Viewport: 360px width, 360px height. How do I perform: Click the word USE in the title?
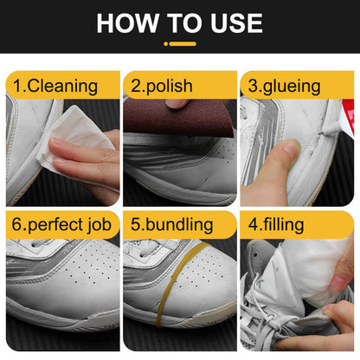click(x=231, y=22)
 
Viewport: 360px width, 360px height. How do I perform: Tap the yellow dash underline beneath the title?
click(x=180, y=43)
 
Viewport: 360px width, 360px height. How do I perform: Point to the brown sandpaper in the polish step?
click(x=156, y=117)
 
